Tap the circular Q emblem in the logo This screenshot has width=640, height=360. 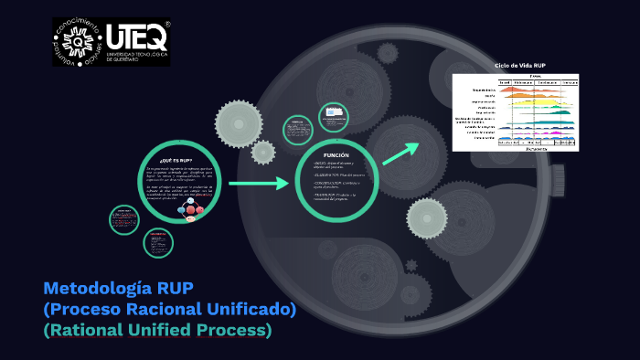78,42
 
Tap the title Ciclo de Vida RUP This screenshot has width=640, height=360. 519,66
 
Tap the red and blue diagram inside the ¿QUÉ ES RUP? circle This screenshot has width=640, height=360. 191,209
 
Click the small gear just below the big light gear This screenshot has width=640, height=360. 262,152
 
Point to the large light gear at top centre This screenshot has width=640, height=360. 239,121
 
